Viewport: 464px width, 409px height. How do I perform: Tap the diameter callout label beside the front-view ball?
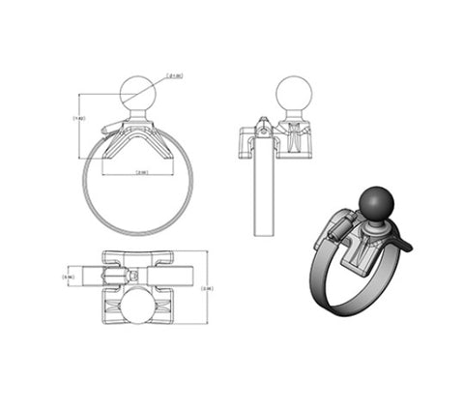tap(174, 74)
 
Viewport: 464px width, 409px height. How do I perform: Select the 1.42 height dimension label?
tap(79, 119)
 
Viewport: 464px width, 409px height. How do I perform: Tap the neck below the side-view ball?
tap(291, 120)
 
